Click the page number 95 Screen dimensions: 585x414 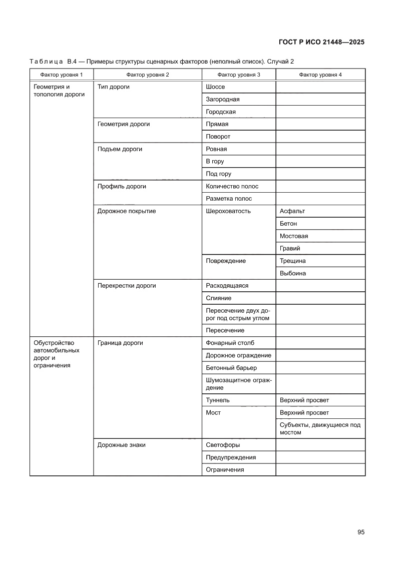(361, 532)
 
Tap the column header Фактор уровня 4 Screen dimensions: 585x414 (320, 75)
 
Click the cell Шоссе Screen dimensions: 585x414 (215, 87)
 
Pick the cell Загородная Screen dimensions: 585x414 (223, 100)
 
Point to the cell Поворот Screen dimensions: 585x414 (218, 137)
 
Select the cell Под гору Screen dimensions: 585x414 (219, 174)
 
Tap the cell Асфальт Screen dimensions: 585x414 (292, 211)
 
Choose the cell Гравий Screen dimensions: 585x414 (290, 248)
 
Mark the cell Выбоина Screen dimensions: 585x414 (293, 273)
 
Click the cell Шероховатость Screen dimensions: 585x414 (228, 211)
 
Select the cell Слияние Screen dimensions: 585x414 (219, 298)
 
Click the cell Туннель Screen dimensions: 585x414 (218, 400)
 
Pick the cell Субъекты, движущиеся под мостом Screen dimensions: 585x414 (320, 429)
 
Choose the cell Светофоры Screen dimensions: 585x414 (223, 445)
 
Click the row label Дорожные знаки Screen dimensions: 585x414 (122, 445)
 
